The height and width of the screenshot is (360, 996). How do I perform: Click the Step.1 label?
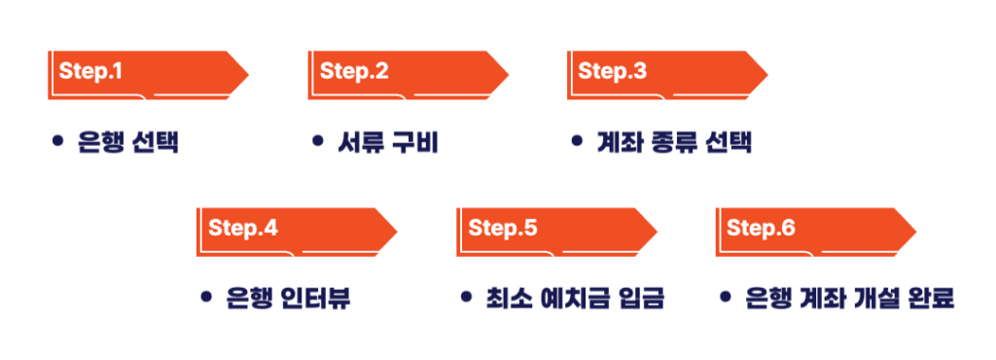coord(90,71)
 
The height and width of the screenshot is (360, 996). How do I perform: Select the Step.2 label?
coord(354,71)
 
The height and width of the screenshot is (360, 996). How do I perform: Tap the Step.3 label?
coord(612,71)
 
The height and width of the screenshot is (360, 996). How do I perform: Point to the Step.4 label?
coord(243,229)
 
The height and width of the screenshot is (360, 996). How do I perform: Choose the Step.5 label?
coord(503,229)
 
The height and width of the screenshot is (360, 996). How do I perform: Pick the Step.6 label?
coord(761,229)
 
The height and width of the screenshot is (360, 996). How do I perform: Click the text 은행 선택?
coord(128,142)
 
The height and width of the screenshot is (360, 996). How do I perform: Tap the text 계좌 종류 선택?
coord(674,142)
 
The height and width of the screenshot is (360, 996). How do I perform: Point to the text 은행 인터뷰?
coord(288,298)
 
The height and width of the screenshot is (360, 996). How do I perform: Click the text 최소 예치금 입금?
coord(575,298)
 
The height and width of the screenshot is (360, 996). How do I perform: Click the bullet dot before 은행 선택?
coord(57,141)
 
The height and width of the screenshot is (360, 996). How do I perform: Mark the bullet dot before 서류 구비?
coord(317,141)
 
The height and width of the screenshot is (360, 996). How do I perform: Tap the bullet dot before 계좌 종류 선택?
coord(577,141)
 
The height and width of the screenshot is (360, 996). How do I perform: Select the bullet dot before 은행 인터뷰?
coord(205,297)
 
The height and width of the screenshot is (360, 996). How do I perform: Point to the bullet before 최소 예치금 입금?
coord(466,297)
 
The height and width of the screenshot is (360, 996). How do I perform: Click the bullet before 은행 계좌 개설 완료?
coord(726,297)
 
